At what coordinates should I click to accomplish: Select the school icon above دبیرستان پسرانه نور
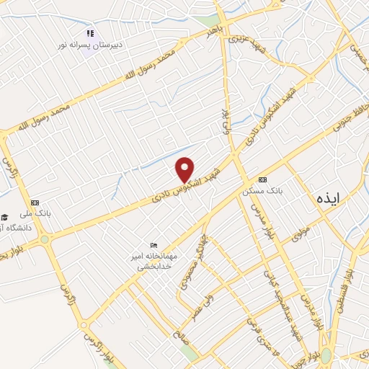(90, 33)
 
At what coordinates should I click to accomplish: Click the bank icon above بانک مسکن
(262, 179)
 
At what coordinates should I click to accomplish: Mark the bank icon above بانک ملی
(36, 204)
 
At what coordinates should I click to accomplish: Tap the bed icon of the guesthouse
(152, 246)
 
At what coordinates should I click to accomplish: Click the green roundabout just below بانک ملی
(45, 239)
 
